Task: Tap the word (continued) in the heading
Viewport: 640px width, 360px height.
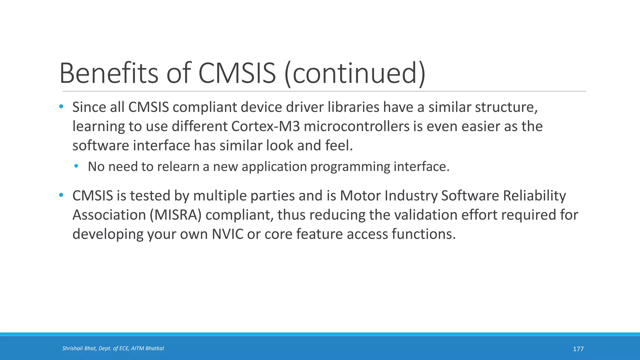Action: coord(355,74)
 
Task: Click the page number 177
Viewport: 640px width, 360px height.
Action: coord(578,349)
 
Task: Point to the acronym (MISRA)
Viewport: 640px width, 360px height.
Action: coord(175,215)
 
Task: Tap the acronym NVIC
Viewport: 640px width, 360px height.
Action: coord(227,234)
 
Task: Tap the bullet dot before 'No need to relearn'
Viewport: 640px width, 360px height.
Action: coord(77,166)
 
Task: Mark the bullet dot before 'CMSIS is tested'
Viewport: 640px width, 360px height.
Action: coord(61,195)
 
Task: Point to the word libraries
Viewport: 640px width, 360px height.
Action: coord(353,107)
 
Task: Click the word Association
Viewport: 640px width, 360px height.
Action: coord(109,215)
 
